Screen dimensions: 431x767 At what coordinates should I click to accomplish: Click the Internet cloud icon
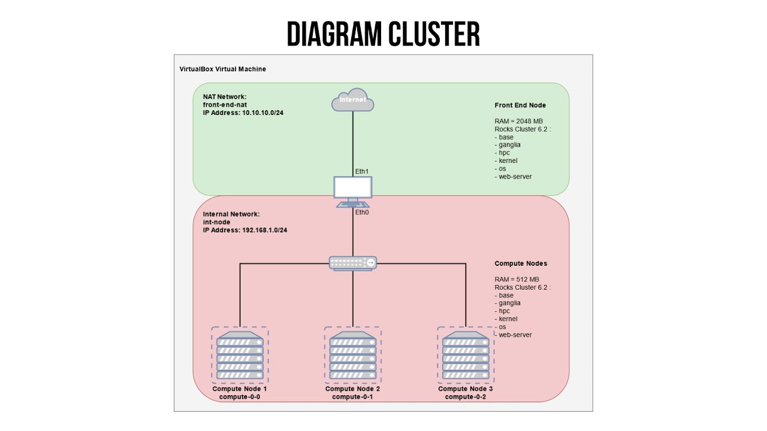pyautogui.click(x=353, y=102)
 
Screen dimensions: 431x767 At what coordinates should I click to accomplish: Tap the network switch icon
pyautogui.click(x=353, y=263)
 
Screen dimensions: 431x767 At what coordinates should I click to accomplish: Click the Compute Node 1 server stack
pyautogui.click(x=240, y=355)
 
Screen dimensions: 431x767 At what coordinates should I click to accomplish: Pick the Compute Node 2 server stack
pyautogui.click(x=353, y=355)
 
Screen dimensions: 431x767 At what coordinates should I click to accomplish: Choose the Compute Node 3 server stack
pyautogui.click(x=466, y=355)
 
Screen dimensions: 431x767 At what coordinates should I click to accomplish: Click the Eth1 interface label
pyautogui.click(x=362, y=172)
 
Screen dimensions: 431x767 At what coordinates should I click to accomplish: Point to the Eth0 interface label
pyautogui.click(x=362, y=213)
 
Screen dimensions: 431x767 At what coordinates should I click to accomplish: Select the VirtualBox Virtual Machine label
pyautogui.click(x=222, y=69)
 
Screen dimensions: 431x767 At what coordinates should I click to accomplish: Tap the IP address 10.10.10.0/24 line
pyautogui.click(x=243, y=113)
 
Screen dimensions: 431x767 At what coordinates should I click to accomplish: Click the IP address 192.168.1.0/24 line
pyautogui.click(x=245, y=230)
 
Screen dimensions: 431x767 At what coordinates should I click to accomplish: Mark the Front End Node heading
pyautogui.click(x=520, y=105)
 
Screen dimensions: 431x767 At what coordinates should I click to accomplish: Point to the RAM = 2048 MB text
pyautogui.click(x=519, y=122)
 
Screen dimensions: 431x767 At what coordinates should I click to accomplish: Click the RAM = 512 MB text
pyautogui.click(x=517, y=280)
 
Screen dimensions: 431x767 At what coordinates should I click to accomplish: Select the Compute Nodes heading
pyautogui.click(x=521, y=263)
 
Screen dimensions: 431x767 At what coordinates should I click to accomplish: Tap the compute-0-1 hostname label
pyautogui.click(x=353, y=397)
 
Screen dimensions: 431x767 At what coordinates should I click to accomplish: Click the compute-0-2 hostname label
pyautogui.click(x=466, y=397)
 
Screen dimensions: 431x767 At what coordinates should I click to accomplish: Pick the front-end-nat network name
pyautogui.click(x=225, y=105)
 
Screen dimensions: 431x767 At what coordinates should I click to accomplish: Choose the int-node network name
pyautogui.click(x=217, y=223)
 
